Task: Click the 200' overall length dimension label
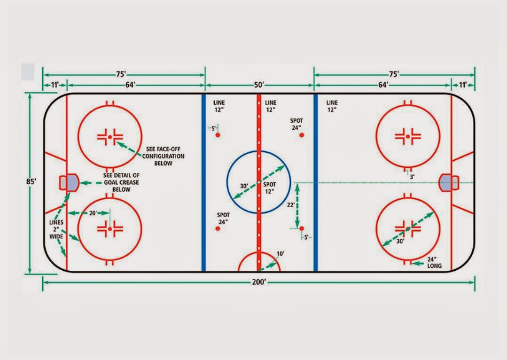click(x=258, y=282)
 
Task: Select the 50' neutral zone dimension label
click(x=259, y=85)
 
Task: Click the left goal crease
click(x=72, y=182)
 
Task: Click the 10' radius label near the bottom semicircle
click(x=280, y=254)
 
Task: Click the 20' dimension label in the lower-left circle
click(x=94, y=213)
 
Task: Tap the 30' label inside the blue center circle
click(x=244, y=186)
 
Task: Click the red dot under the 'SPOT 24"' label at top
click(x=302, y=135)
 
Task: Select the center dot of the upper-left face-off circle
click(x=109, y=136)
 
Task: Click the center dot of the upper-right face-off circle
click(x=408, y=136)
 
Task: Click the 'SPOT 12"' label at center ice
click(x=269, y=188)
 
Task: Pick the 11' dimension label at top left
click(x=54, y=85)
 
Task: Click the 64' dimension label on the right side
click(x=383, y=85)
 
